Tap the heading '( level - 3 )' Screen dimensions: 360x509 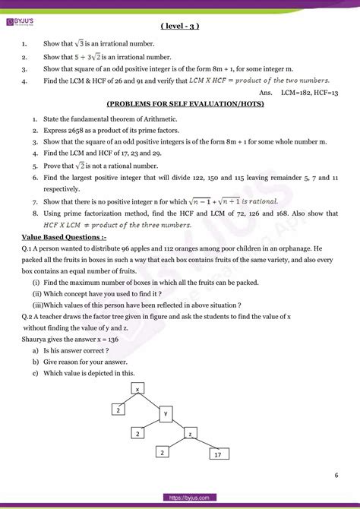180,27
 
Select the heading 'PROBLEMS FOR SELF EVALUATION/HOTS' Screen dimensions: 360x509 180,103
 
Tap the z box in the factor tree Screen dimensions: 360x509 191,433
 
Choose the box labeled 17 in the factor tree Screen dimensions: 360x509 218,454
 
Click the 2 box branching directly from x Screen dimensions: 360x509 118,410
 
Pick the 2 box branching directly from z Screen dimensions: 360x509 162,452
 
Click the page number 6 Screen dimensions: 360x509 336,476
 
